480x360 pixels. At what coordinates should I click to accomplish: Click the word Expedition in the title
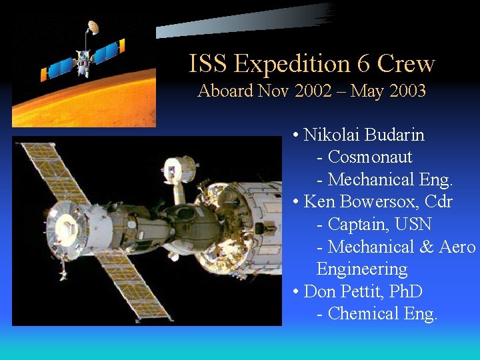(293, 65)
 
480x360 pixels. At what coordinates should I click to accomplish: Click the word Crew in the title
(406, 64)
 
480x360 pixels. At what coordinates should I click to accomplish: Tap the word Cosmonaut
(370, 157)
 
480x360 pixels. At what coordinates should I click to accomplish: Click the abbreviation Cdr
(438, 202)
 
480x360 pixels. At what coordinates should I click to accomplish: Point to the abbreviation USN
(413, 225)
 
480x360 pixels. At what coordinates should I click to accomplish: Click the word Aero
(457, 247)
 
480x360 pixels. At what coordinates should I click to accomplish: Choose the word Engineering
(362, 269)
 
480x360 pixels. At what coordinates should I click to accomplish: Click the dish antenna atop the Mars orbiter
(93, 27)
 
